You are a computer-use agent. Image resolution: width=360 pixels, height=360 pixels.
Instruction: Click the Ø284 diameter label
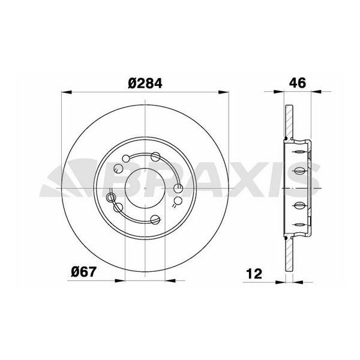(145, 83)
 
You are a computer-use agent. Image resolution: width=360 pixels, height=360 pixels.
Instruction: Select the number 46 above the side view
(297, 83)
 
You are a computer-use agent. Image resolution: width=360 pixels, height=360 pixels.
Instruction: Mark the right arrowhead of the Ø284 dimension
(224, 92)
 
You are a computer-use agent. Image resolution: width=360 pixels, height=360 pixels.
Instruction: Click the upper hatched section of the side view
(289, 122)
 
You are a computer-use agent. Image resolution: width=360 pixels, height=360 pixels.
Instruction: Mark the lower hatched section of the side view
(289, 252)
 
